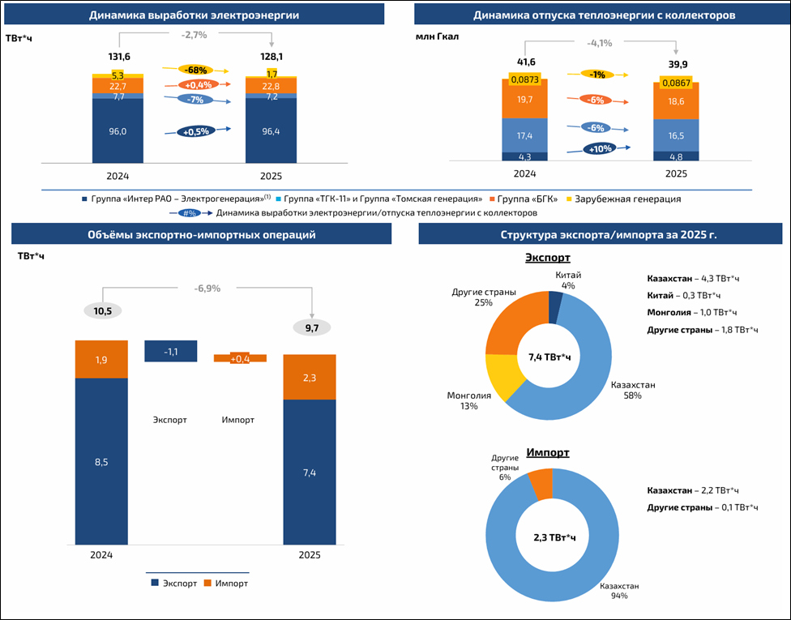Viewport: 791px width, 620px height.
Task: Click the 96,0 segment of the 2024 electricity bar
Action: point(118,131)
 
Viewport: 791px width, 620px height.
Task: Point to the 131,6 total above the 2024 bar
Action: point(119,56)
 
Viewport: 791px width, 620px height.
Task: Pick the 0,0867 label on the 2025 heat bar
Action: point(675,83)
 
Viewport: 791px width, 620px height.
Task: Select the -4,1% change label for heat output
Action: point(600,43)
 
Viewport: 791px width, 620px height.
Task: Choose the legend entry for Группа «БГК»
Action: point(528,199)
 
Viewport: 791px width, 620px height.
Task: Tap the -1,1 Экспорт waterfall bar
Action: point(171,351)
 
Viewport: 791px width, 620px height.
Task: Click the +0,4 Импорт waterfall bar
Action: point(240,358)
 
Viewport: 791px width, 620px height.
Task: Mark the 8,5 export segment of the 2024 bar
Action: point(101,462)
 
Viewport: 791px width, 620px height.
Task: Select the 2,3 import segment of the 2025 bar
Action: point(310,377)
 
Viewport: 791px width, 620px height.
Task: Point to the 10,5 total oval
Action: point(101,311)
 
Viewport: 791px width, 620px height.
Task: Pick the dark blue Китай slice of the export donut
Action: point(555,307)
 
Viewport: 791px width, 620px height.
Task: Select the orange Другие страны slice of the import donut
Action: point(539,484)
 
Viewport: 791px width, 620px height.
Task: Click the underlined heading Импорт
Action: point(547,452)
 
